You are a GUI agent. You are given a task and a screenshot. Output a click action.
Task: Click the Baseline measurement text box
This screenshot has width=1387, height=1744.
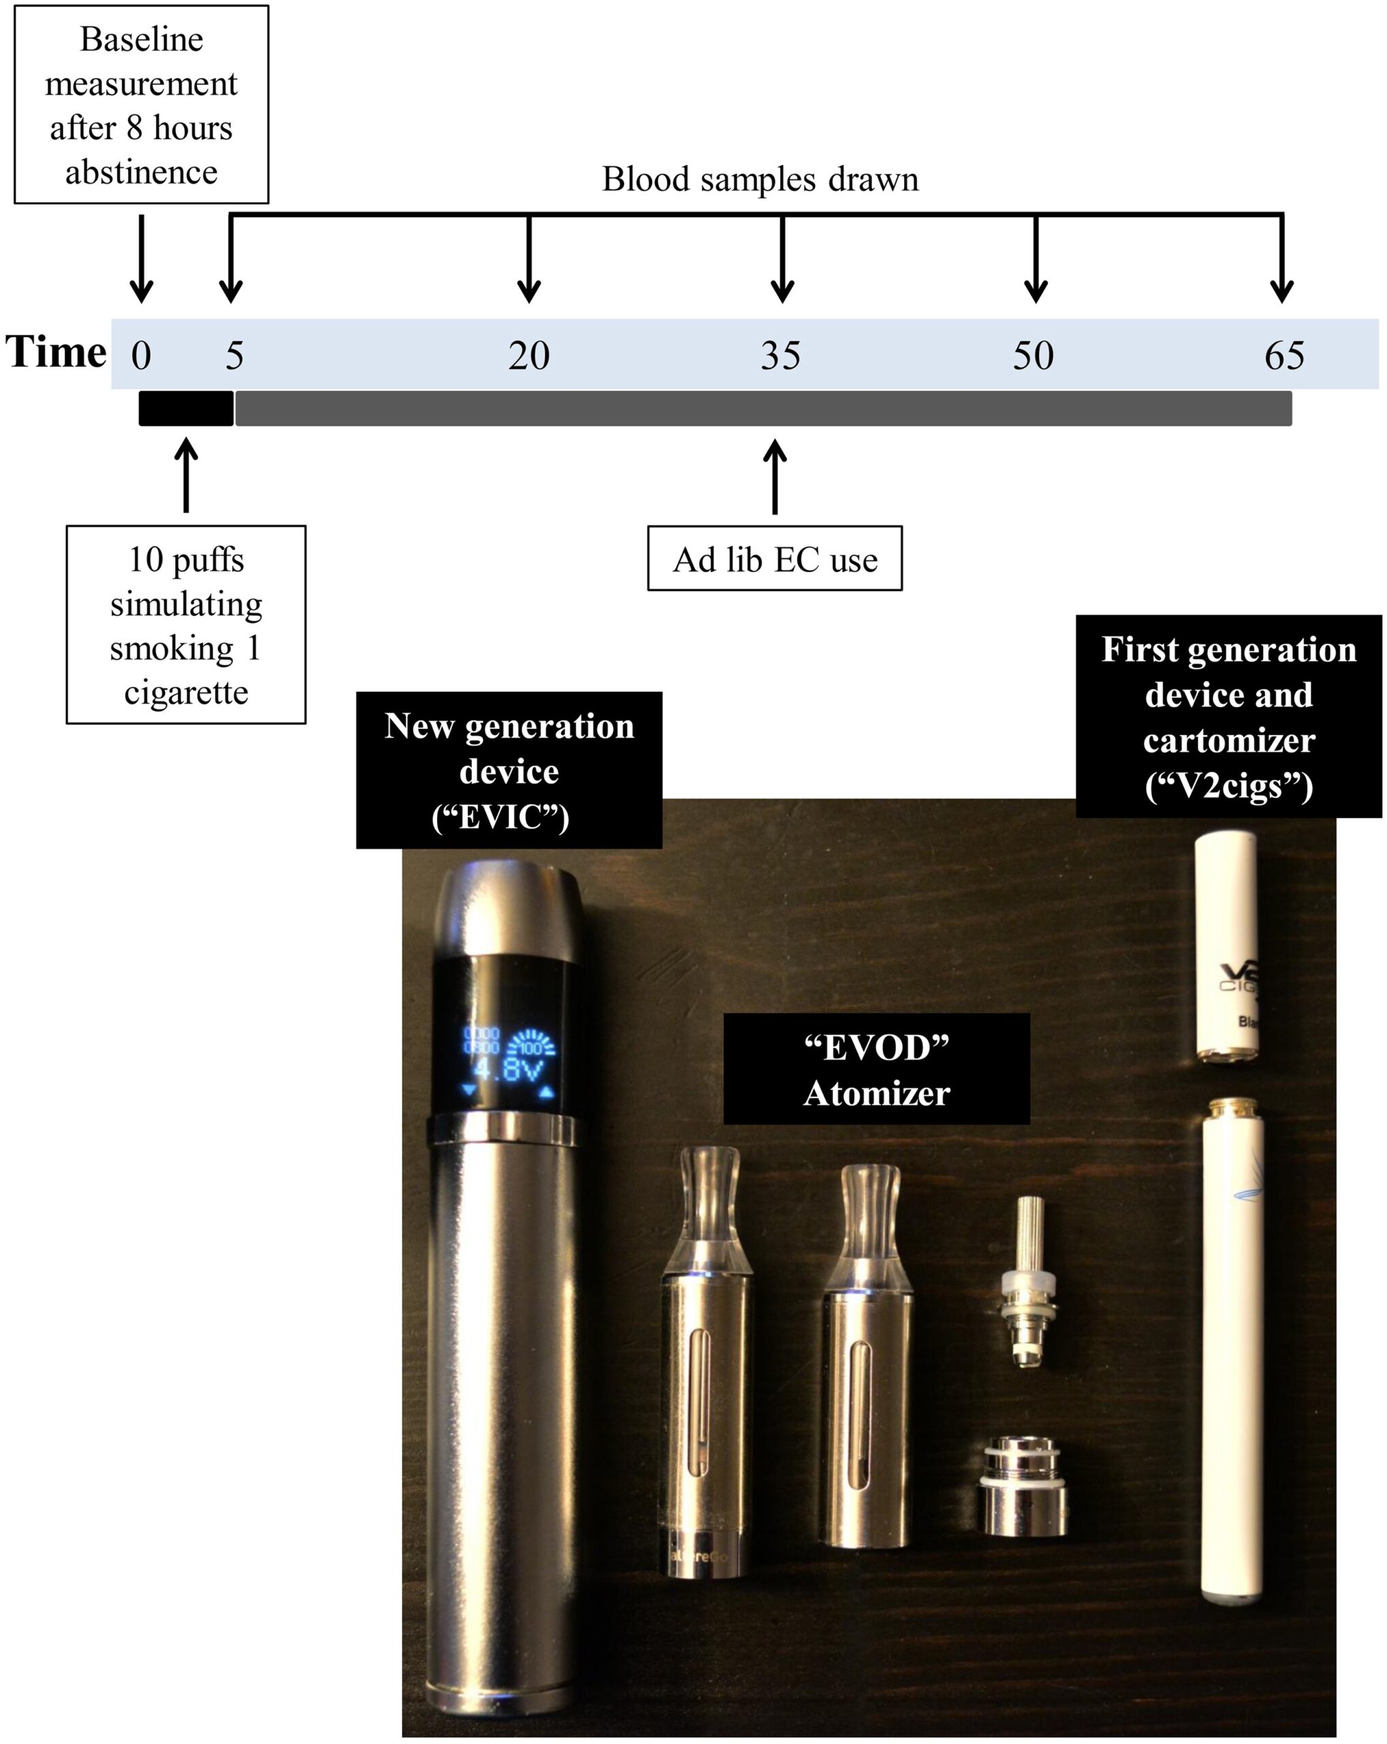[x=142, y=105]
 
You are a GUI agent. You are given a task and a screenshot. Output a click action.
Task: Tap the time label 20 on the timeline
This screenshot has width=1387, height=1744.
[x=529, y=355]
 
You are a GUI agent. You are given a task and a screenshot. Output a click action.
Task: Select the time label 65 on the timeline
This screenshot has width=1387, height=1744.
[x=1284, y=355]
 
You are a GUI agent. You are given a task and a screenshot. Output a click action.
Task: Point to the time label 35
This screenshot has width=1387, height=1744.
[x=781, y=355]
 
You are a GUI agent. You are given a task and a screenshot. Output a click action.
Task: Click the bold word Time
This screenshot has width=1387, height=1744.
[x=56, y=352]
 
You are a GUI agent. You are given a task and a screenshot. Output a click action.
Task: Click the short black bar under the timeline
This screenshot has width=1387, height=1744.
[x=186, y=409]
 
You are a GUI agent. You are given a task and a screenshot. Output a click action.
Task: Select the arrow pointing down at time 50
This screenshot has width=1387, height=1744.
[x=1036, y=259]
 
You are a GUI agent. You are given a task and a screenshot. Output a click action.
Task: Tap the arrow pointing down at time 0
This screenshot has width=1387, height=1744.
[x=142, y=259]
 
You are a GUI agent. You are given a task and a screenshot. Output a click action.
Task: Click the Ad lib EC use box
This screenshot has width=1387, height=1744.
[x=774, y=559]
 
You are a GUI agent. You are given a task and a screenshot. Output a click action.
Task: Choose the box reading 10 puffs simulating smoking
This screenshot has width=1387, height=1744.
[x=186, y=625]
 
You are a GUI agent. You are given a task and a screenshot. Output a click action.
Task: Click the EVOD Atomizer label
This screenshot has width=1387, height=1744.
[x=876, y=1070]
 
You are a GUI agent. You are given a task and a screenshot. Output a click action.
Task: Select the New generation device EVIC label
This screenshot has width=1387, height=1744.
[x=509, y=770]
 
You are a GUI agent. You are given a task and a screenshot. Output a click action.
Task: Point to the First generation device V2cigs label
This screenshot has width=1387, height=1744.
[x=1228, y=717]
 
